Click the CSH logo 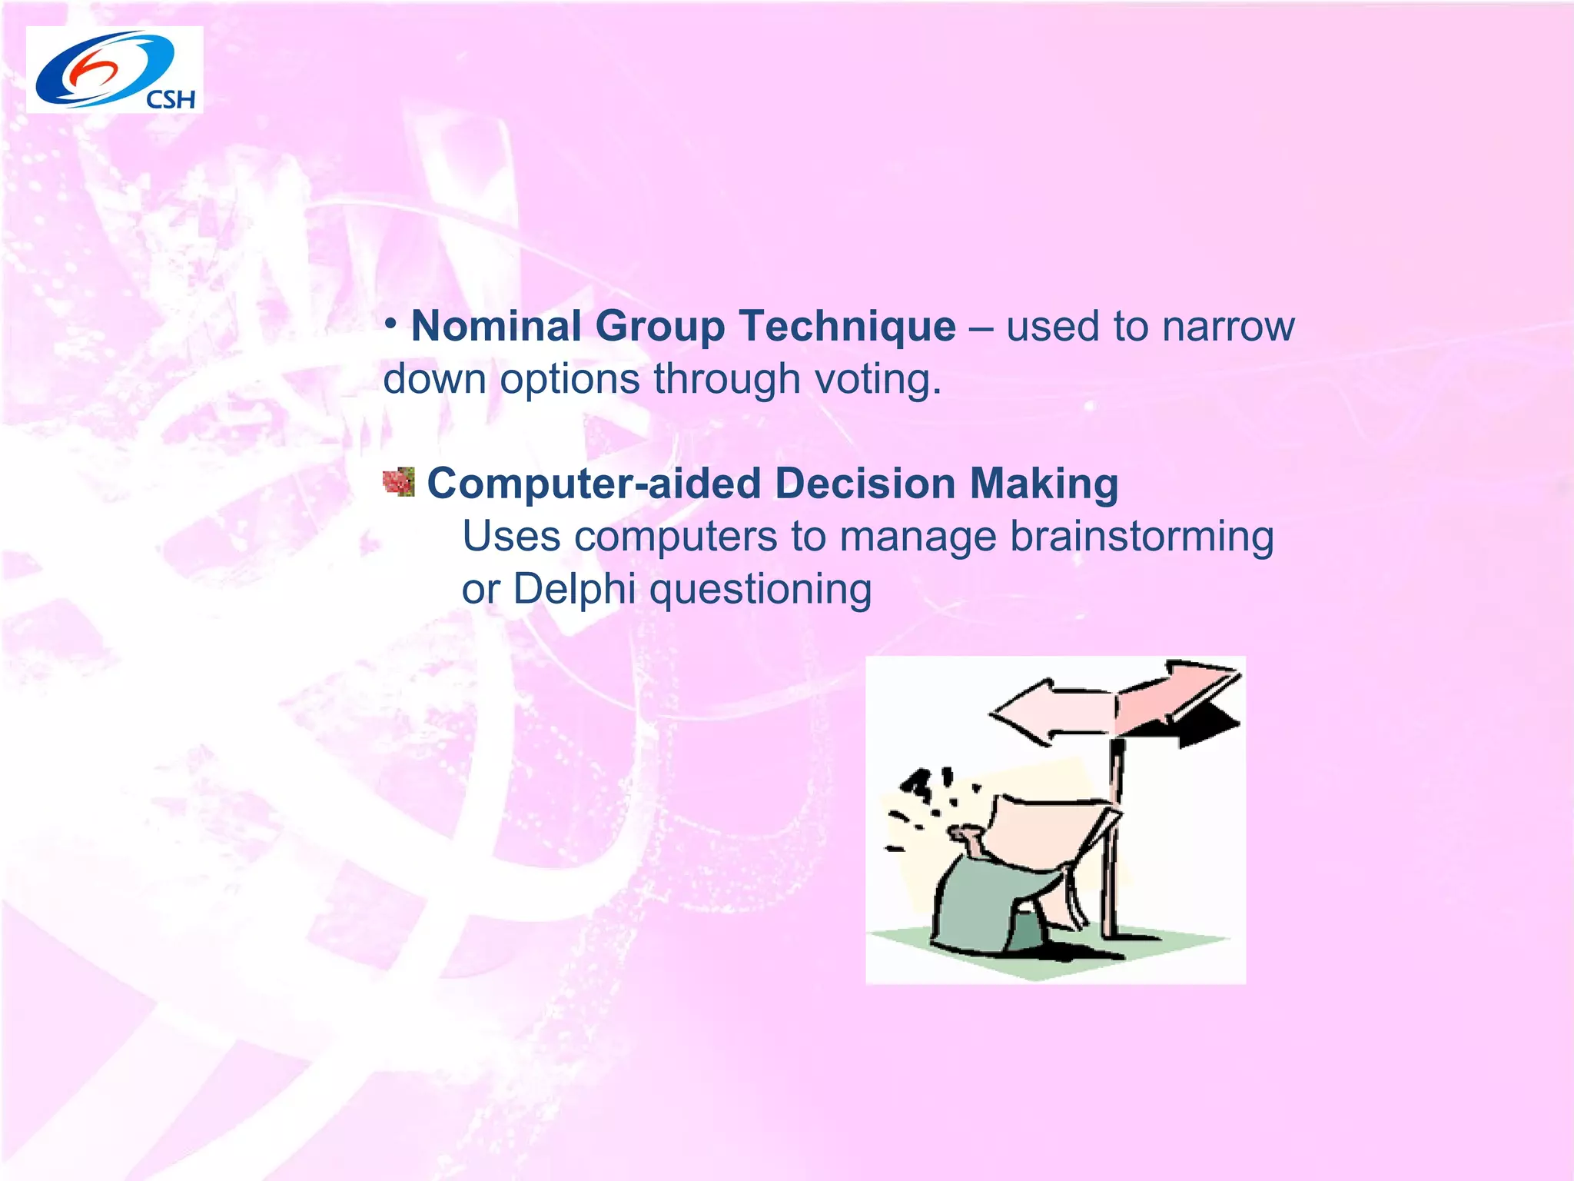pyautogui.click(x=114, y=70)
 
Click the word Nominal pyautogui.click(x=496, y=327)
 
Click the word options pyautogui.click(x=569, y=379)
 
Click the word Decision pyautogui.click(x=865, y=484)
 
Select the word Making pyautogui.click(x=1043, y=484)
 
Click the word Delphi pyautogui.click(x=574, y=590)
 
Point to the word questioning pyautogui.click(x=760, y=590)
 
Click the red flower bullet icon pyautogui.click(x=399, y=482)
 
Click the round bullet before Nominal pyautogui.click(x=391, y=323)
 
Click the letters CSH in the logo pyautogui.click(x=171, y=99)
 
